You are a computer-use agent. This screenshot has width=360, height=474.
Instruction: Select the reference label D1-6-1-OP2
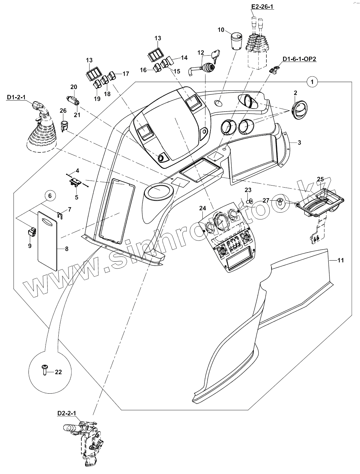[x=299, y=59]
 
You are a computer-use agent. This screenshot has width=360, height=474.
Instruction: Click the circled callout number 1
[x=312, y=81]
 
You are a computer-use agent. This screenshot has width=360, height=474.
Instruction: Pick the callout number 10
[x=221, y=30]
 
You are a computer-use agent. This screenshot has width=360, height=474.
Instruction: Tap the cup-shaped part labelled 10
[x=237, y=41]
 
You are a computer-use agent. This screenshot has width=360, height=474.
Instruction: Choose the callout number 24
[x=202, y=208]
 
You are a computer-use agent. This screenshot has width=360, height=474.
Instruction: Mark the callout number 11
[x=340, y=260]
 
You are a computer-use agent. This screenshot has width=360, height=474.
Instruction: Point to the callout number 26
[x=63, y=111]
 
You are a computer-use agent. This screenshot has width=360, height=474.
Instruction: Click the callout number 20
[x=73, y=87]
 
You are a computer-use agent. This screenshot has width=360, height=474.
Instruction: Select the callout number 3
[x=299, y=142]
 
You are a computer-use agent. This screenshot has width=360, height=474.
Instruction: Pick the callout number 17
[x=125, y=74]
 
